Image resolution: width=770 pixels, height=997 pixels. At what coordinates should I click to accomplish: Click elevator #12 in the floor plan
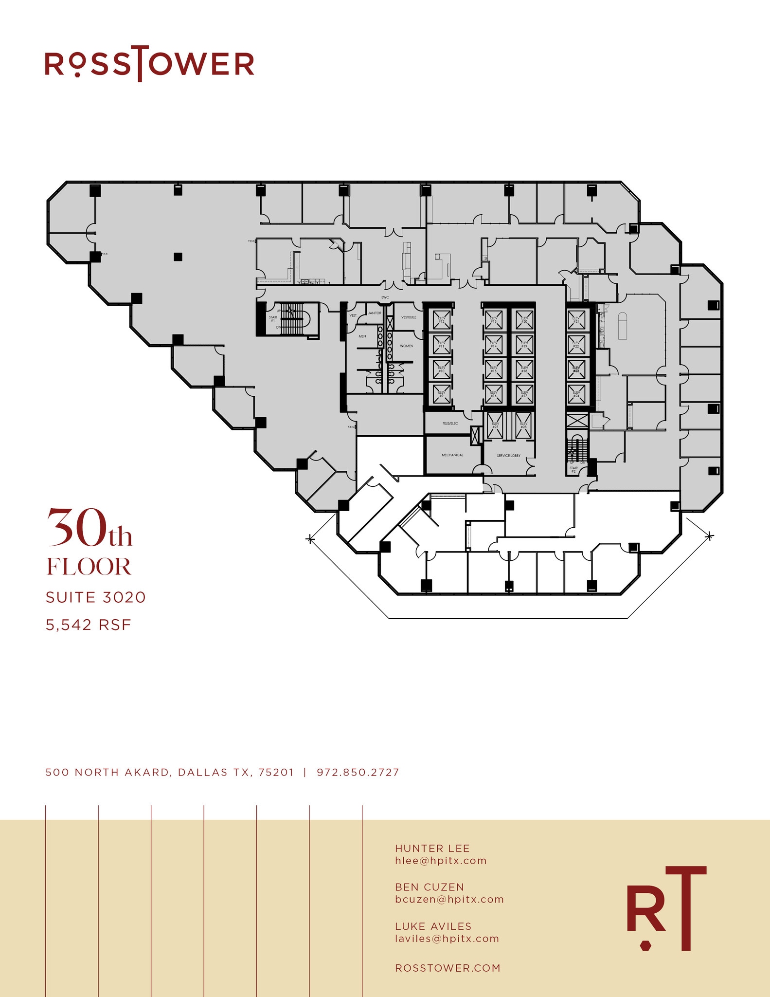pyautogui.click(x=441, y=320)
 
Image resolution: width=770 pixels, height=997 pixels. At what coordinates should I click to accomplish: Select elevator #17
pyautogui.click(x=524, y=394)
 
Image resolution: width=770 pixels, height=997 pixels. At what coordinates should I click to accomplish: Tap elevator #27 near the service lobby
pyautogui.click(x=495, y=425)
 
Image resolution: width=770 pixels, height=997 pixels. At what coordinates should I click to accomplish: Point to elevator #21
pyautogui.click(x=576, y=320)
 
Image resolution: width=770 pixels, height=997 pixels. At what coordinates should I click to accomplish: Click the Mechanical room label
pyautogui.click(x=452, y=455)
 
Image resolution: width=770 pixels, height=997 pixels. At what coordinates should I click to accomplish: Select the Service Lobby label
pyautogui.click(x=508, y=456)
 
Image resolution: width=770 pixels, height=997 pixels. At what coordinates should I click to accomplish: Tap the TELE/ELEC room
pyautogui.click(x=450, y=424)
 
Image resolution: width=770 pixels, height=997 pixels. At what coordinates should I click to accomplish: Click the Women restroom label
pyautogui.click(x=406, y=346)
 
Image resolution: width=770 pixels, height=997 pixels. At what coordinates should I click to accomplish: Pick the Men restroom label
pyautogui.click(x=362, y=336)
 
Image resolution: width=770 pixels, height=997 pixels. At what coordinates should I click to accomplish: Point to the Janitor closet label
pyautogui.click(x=375, y=313)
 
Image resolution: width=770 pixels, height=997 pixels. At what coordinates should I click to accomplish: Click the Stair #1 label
pyautogui.click(x=273, y=319)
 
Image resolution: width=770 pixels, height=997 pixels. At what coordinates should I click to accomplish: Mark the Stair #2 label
pyautogui.click(x=573, y=469)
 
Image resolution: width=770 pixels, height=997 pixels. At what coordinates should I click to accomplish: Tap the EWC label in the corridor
pyautogui.click(x=385, y=297)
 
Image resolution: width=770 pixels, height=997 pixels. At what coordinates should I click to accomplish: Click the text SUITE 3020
pyautogui.click(x=96, y=597)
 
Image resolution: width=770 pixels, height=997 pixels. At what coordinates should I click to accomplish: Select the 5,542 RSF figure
pyautogui.click(x=89, y=625)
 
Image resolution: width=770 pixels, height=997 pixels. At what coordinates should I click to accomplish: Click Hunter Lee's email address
pyautogui.click(x=441, y=861)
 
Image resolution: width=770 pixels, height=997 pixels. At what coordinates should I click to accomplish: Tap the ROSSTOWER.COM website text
pyautogui.click(x=448, y=968)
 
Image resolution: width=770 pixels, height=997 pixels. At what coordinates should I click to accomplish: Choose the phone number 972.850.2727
pyautogui.click(x=358, y=772)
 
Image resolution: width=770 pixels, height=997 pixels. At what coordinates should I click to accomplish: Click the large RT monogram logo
pyautogui.click(x=666, y=908)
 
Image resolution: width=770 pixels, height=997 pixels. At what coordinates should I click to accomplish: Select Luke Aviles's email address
pyautogui.click(x=447, y=939)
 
